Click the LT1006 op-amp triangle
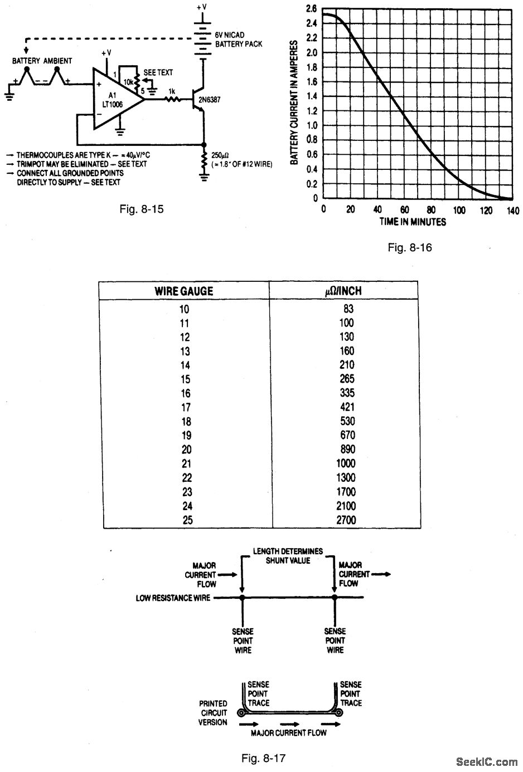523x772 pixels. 115,100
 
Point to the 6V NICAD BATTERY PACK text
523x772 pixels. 238,40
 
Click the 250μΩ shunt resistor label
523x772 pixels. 220,154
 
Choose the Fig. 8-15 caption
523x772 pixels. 142,210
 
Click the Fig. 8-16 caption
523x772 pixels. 410,247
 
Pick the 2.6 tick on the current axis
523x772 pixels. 311,9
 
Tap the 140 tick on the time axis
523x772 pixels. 512,211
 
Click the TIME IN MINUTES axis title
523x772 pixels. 413,222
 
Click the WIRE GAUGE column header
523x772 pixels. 184,291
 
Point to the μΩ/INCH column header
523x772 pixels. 346,291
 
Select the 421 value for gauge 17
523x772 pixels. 346,407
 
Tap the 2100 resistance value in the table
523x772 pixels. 345,506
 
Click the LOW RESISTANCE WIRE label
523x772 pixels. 173,598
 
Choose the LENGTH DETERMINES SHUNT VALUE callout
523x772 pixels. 288,556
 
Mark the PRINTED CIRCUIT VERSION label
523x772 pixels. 213,713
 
